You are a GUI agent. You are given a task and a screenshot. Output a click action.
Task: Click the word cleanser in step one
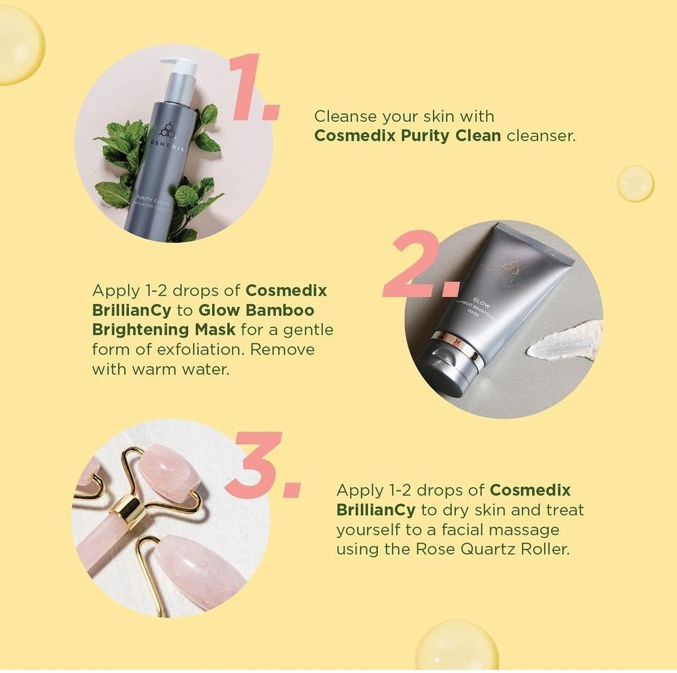(540, 135)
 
